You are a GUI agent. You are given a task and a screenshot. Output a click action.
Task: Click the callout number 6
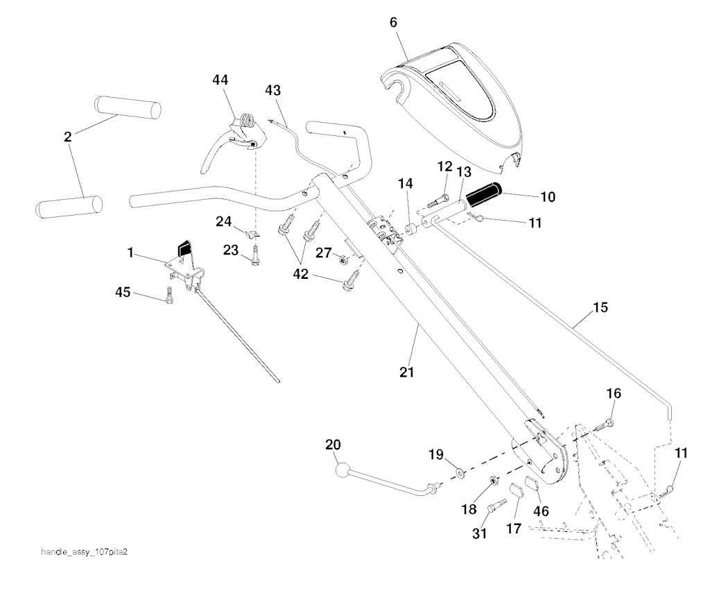(x=393, y=22)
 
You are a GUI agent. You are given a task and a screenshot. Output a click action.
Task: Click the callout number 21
(x=406, y=372)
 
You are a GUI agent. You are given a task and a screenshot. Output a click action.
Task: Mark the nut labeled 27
(x=342, y=260)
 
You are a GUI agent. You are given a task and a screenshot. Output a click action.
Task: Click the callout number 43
(x=273, y=90)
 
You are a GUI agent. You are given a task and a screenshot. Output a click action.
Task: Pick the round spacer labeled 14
(x=410, y=228)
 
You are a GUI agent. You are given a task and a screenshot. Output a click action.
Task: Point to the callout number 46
(x=540, y=511)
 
